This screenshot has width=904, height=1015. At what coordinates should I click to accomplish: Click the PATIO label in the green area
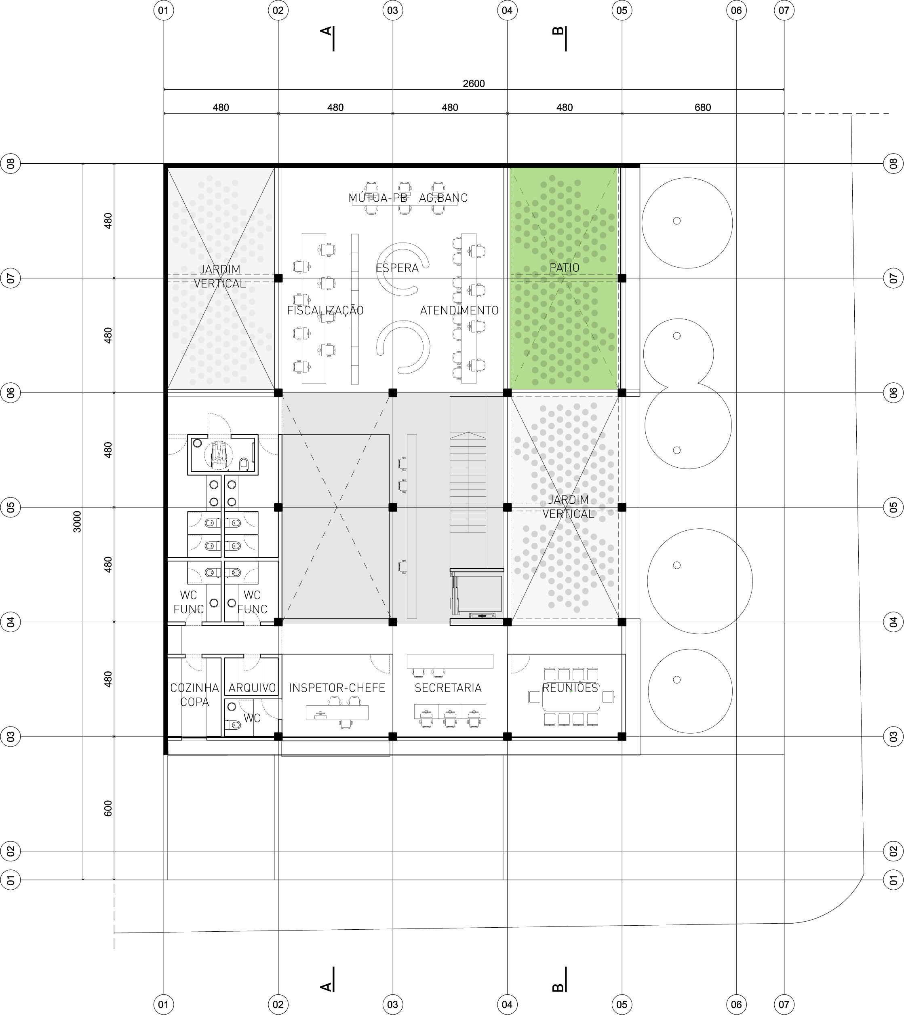[564, 267]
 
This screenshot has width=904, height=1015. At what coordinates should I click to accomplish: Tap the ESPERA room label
[397, 268]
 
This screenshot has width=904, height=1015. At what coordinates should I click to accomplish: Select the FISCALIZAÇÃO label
[325, 310]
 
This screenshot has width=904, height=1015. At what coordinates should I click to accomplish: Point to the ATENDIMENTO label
[459, 310]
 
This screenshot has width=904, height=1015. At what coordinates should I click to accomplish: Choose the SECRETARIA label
[448, 688]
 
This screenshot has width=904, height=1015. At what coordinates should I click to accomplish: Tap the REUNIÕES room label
[570, 687]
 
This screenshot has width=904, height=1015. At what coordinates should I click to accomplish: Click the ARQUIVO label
[252, 688]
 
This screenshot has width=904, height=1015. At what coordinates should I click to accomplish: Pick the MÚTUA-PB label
[377, 198]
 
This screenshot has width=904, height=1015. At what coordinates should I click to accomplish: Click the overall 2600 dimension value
[474, 83]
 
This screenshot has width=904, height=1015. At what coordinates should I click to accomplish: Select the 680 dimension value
[703, 107]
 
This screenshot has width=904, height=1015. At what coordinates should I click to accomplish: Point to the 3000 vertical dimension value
[78, 522]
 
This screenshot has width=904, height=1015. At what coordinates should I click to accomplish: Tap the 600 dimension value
[108, 808]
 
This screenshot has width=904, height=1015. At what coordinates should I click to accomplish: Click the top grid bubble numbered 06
[736, 10]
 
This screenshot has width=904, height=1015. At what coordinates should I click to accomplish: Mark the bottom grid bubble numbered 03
[392, 1004]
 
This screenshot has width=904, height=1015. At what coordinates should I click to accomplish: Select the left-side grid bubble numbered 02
[11, 851]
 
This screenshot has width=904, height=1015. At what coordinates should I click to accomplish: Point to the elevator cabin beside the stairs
[479, 594]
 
